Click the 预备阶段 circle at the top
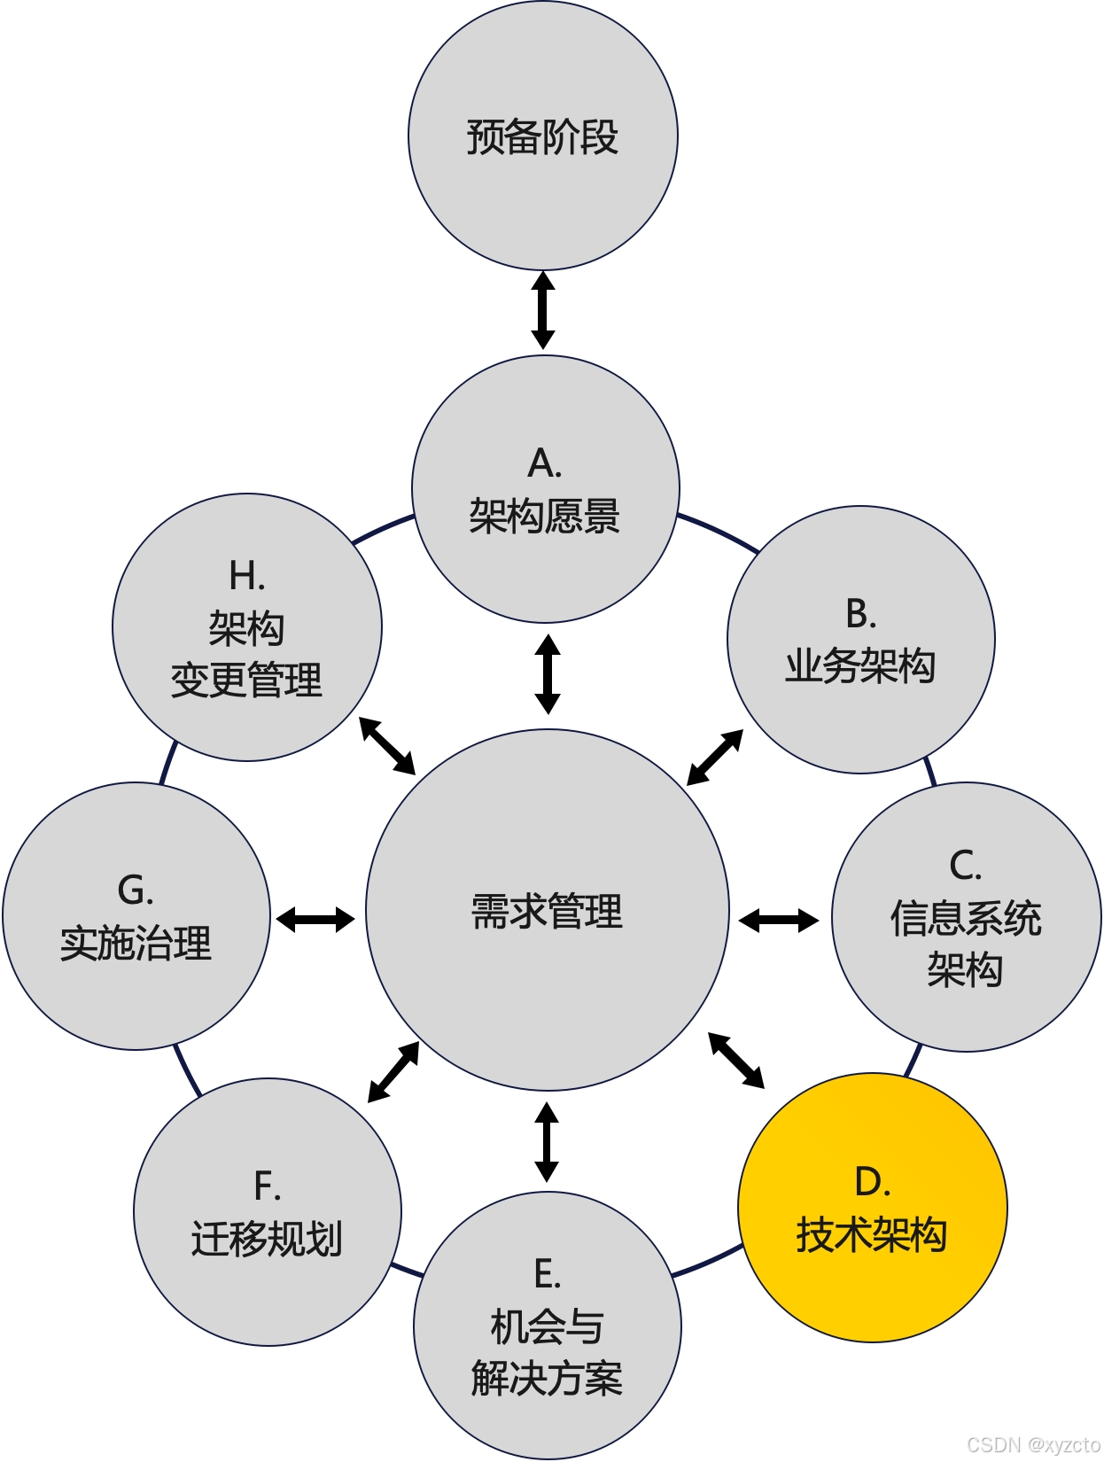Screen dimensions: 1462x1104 coord(542,136)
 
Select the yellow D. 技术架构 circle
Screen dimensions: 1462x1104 coord(873,1208)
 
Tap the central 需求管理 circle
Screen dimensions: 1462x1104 coord(547,910)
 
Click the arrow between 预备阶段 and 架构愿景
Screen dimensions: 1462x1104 coord(543,310)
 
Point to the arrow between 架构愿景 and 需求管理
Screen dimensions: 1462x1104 coord(548,673)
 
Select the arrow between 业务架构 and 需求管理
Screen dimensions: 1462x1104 coord(715,757)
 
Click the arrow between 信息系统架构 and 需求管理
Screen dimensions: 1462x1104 coord(779,921)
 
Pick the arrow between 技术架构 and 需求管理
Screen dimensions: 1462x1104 coord(736,1060)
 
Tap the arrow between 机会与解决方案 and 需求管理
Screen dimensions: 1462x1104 coord(547,1141)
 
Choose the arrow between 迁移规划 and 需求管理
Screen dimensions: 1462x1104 coord(393,1072)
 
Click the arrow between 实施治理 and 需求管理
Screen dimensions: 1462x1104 coord(315,920)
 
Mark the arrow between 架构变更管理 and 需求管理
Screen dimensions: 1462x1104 coord(387,745)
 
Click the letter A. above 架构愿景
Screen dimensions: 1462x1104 coord(545,463)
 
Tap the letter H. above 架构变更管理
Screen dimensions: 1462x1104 coord(247,577)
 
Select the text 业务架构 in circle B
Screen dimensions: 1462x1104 coord(860,666)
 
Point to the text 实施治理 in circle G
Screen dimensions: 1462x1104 coord(136,944)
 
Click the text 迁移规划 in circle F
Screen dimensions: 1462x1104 coord(267,1239)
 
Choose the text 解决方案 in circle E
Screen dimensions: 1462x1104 coord(547,1379)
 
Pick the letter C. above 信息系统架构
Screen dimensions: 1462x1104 coord(966,866)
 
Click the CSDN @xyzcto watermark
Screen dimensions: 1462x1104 coord(1033,1444)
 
